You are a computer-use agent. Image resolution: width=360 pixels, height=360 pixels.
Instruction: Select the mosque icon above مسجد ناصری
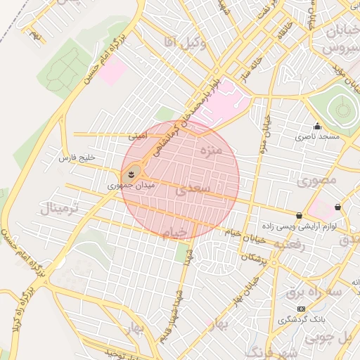pyautogui.click(x=317, y=127)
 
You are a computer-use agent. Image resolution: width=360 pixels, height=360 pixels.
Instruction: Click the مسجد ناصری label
pyautogui.click(x=317, y=137)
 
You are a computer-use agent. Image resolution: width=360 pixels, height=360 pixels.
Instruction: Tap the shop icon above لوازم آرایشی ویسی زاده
pyautogui.click(x=300, y=216)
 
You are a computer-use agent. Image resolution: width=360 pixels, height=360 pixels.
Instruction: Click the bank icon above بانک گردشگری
pyautogui.click(x=301, y=309)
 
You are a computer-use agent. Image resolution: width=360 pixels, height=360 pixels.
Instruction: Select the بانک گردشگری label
pyautogui.click(x=301, y=320)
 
